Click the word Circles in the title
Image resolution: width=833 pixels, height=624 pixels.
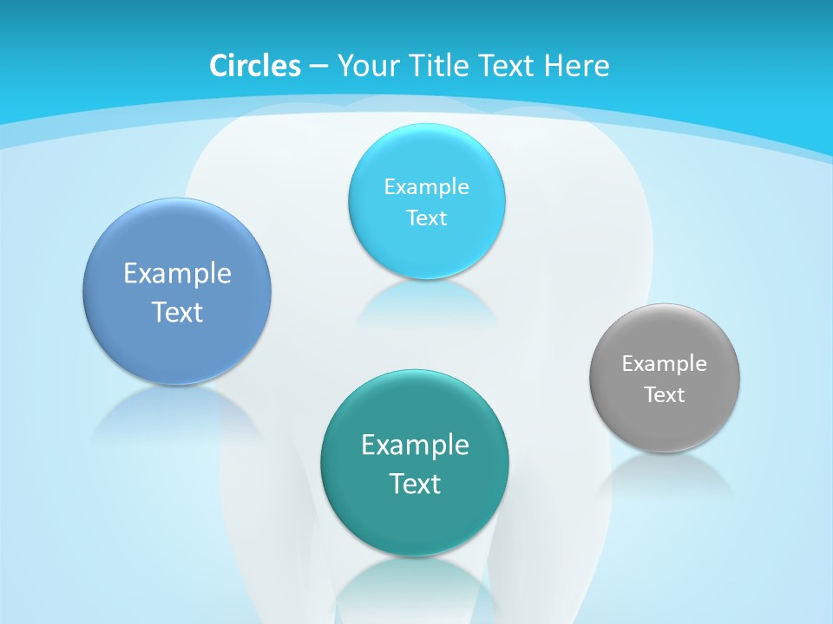click(x=255, y=66)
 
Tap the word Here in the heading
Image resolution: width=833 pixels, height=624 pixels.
click(x=576, y=66)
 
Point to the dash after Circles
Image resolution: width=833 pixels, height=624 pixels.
click(x=318, y=67)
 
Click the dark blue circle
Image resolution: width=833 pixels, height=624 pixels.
click(x=177, y=334)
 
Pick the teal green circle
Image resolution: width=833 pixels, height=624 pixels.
click(x=415, y=520)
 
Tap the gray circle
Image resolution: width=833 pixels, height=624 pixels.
click(x=665, y=425)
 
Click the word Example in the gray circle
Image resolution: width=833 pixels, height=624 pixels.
click(x=665, y=363)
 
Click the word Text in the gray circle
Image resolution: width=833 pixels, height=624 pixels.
click(x=665, y=395)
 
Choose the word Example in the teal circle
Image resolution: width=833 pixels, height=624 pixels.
click(x=415, y=445)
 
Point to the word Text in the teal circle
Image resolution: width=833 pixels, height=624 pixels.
click(x=415, y=484)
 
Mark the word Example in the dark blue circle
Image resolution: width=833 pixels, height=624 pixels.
click(x=177, y=273)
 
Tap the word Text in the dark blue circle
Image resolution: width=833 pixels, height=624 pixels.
click(x=177, y=312)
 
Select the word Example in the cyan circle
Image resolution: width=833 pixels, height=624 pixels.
click(x=427, y=186)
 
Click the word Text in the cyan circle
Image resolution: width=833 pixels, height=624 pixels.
click(x=427, y=218)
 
